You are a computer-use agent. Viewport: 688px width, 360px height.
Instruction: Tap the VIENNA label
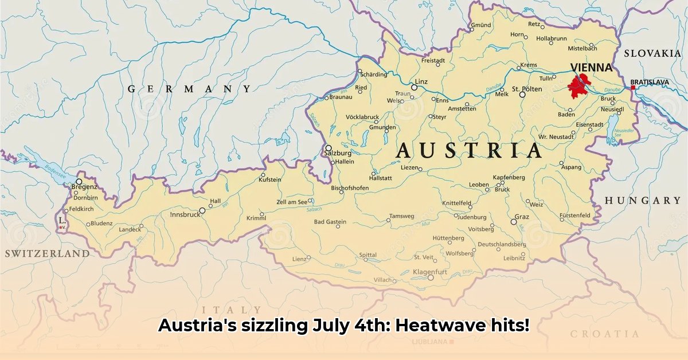pos(591,67)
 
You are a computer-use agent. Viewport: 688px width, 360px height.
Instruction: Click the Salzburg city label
pos(337,154)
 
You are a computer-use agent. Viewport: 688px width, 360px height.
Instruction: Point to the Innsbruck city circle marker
pos(202,210)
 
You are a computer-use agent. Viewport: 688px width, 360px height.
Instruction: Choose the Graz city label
pos(522,217)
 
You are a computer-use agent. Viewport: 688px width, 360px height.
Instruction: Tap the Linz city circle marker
pos(414,87)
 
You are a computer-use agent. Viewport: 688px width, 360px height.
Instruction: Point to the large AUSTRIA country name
pos(468,151)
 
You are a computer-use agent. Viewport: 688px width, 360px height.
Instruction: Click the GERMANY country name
pos(189,89)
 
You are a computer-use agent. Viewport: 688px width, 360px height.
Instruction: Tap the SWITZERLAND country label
pos(47,253)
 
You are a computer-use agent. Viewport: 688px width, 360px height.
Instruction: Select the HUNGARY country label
pos(642,201)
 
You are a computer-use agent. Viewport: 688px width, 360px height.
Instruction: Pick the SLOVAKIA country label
pos(652,53)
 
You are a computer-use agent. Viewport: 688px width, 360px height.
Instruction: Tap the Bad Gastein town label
pos(330,222)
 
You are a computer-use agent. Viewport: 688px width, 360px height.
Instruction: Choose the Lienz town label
pos(299,259)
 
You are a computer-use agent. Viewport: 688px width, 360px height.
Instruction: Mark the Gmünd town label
pos(480,25)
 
